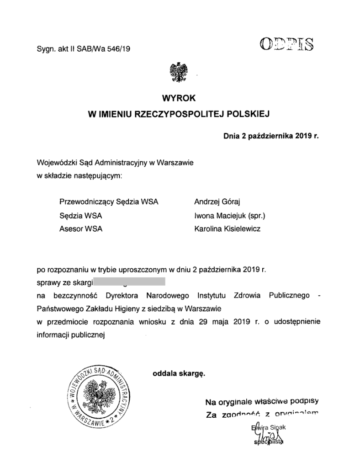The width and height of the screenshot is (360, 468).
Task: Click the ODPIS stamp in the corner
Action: point(286,44)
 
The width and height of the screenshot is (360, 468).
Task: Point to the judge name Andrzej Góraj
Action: point(217,202)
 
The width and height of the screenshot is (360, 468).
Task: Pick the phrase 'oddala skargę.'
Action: point(179,372)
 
